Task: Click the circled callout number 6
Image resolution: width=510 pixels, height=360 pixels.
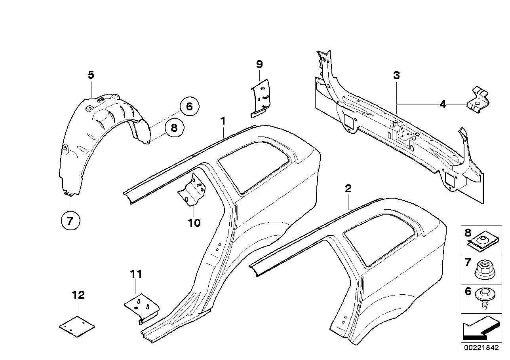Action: (x=189, y=106)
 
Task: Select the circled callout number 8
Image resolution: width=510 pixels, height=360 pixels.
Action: (x=174, y=127)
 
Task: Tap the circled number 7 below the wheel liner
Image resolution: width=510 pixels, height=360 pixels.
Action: (x=70, y=221)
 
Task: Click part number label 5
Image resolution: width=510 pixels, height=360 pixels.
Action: (x=91, y=75)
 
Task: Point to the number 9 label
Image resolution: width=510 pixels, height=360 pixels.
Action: (x=259, y=64)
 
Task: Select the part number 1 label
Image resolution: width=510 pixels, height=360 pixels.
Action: (x=223, y=120)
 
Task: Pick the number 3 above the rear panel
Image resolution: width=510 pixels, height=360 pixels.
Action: (x=396, y=75)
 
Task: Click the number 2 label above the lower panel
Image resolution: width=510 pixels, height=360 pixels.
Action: (x=348, y=189)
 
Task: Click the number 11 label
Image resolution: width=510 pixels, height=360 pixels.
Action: (x=136, y=273)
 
